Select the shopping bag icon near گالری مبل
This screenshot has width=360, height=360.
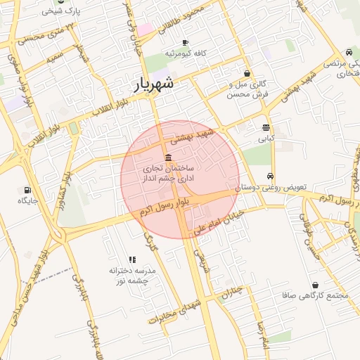pyautogui.click(x=247, y=74)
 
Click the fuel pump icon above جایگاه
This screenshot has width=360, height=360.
pyautogui.click(x=27, y=190)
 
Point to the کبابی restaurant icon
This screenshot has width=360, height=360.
pyautogui.click(x=266, y=128)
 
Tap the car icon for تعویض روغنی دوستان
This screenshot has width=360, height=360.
pyautogui.click(x=271, y=177)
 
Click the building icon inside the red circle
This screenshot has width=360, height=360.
pyautogui.click(x=167, y=157)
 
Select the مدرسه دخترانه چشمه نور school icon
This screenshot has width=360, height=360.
pyautogui.click(x=132, y=259)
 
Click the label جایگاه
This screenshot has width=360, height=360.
pyautogui.click(x=27, y=201)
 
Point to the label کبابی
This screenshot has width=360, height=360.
pyautogui.click(x=266, y=139)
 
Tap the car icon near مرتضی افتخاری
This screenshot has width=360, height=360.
pyautogui.click(x=349, y=53)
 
